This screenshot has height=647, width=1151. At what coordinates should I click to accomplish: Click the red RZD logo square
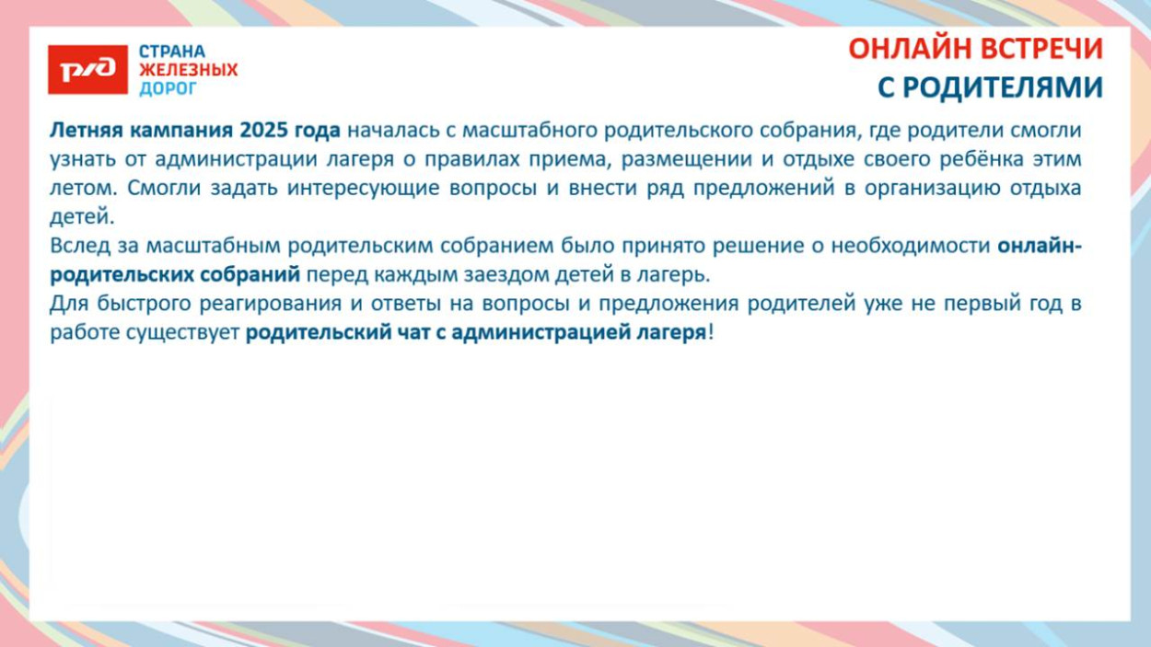click(87, 70)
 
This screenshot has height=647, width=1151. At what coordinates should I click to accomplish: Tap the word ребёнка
click(983, 159)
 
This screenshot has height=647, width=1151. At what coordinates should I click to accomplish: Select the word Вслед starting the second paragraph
click(80, 247)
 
